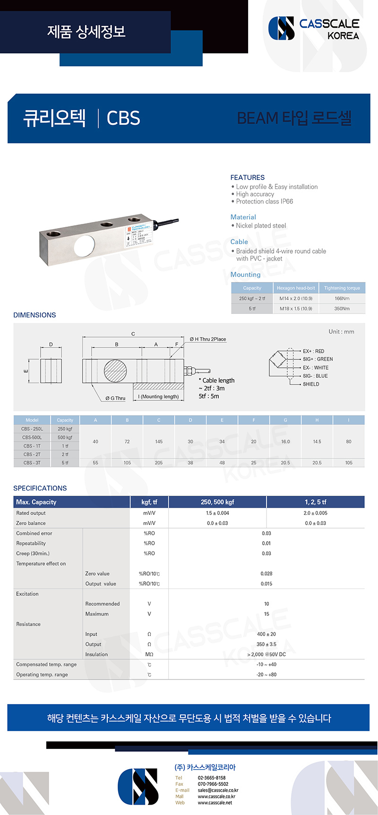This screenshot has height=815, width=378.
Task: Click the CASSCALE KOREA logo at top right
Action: click(x=314, y=28)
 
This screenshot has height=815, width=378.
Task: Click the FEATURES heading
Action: click(x=248, y=178)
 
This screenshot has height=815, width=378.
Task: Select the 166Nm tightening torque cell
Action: click(x=342, y=298)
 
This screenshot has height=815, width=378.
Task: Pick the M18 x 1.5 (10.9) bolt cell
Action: click(x=296, y=309)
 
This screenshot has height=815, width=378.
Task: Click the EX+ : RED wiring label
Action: click(x=313, y=351)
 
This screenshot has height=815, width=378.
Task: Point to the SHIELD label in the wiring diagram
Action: click(x=311, y=384)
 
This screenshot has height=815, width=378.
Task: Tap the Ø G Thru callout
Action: click(x=115, y=399)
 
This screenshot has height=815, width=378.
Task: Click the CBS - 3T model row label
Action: click(x=32, y=463)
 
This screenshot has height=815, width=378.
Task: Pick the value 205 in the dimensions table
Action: click(x=159, y=463)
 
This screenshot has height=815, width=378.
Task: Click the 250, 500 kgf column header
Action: click(x=217, y=502)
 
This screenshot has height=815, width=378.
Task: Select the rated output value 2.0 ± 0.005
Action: click(x=315, y=513)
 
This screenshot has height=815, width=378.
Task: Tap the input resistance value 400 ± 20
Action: click(x=266, y=634)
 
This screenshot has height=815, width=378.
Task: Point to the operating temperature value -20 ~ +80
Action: click(x=266, y=675)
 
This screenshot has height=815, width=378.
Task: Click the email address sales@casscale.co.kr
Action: click(x=218, y=790)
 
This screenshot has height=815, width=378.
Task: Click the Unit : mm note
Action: click(x=341, y=332)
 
